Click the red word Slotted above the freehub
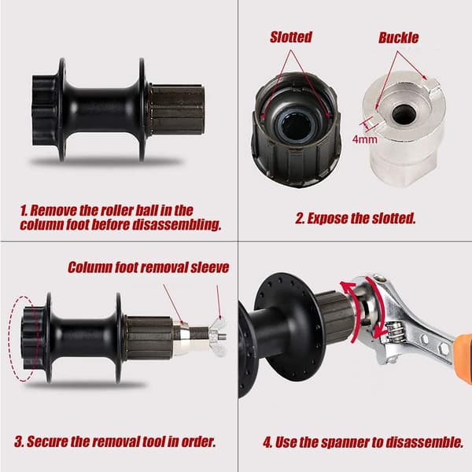pyautogui.click(x=291, y=37)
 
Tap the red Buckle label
pyautogui.click(x=398, y=38)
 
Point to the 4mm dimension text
pyautogui.click(x=365, y=139)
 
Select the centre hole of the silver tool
pyautogui.click(x=404, y=114)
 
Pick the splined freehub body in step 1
pyautogui.click(x=176, y=109)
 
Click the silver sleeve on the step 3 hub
pyautogui.click(x=182, y=337)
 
